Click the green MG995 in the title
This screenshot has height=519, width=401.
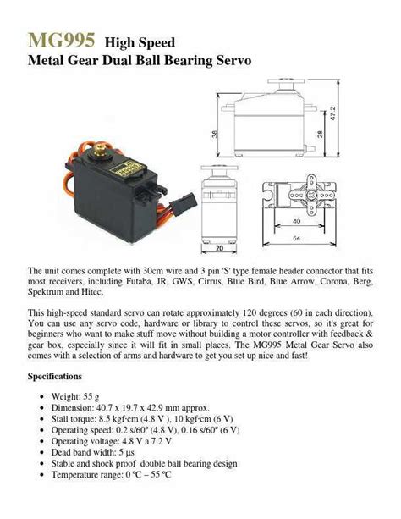coord(61,40)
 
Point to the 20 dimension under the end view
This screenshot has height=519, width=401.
coord(219,249)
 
